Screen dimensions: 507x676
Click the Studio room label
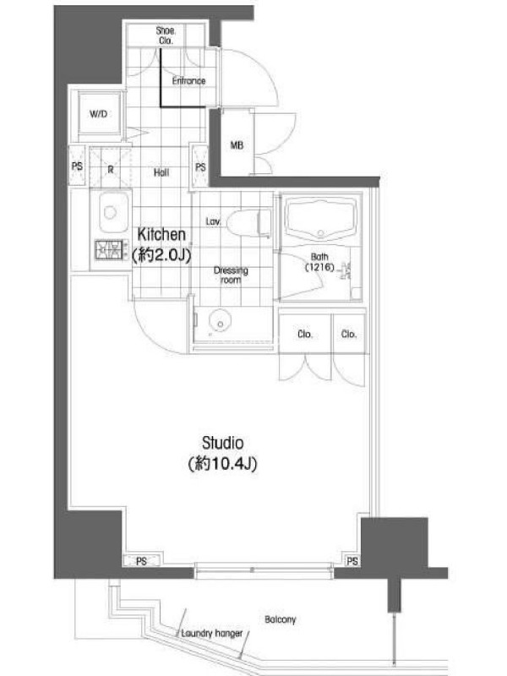(x=223, y=453)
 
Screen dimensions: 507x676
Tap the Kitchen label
(x=161, y=245)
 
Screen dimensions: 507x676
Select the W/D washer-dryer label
(x=98, y=114)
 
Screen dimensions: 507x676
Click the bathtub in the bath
(x=320, y=219)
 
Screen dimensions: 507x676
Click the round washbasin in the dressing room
(x=220, y=321)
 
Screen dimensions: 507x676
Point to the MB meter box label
(x=237, y=145)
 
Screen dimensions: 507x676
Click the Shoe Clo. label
(x=166, y=35)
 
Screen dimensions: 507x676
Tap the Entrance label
(x=188, y=81)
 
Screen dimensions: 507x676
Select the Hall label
(x=161, y=173)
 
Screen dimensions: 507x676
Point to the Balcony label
(x=281, y=619)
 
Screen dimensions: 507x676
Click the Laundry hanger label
(x=212, y=633)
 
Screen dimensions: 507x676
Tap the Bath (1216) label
(x=319, y=262)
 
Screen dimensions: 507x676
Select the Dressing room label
(x=231, y=275)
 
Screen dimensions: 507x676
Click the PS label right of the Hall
(x=200, y=166)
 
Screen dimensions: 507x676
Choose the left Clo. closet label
(x=305, y=334)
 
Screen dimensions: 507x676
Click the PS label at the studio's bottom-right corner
(x=352, y=561)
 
